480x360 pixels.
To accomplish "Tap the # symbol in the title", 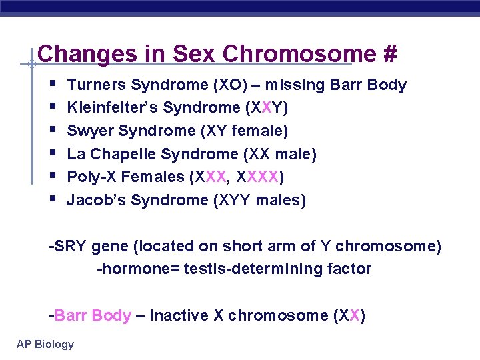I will coord(390,54).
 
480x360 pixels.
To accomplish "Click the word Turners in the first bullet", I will coord(97,85).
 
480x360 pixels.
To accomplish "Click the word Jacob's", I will coord(97,200).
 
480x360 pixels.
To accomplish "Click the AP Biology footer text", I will coord(45,344).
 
